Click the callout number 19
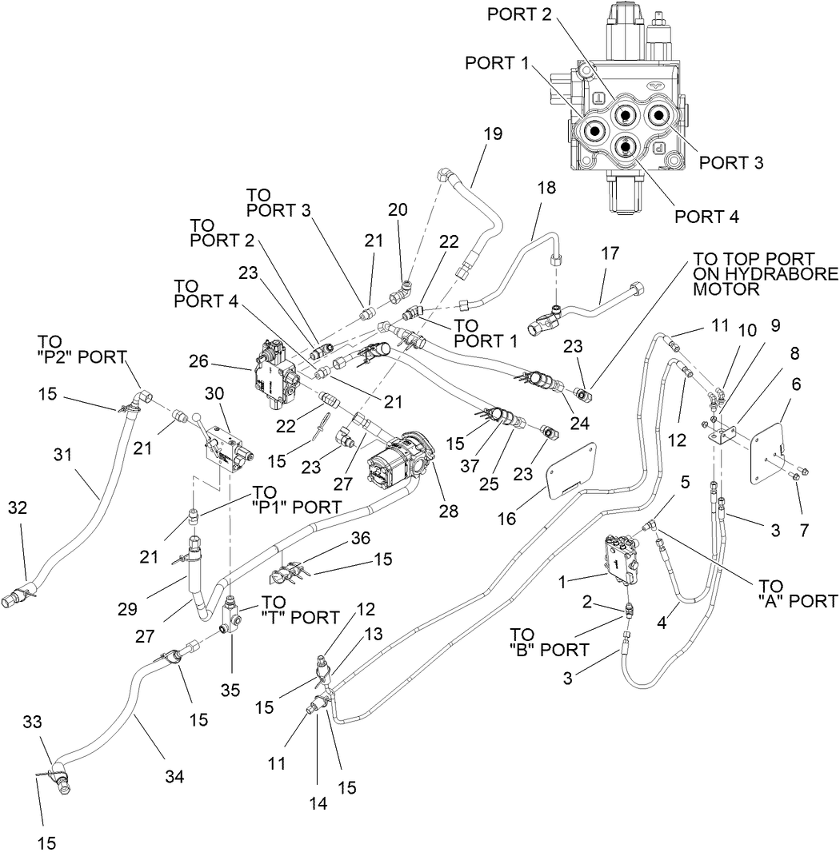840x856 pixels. point(493,133)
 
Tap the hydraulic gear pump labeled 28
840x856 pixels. point(398,461)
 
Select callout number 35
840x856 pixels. point(231,670)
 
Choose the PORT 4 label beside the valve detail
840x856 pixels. point(706,216)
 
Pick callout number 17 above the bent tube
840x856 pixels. point(610,254)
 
